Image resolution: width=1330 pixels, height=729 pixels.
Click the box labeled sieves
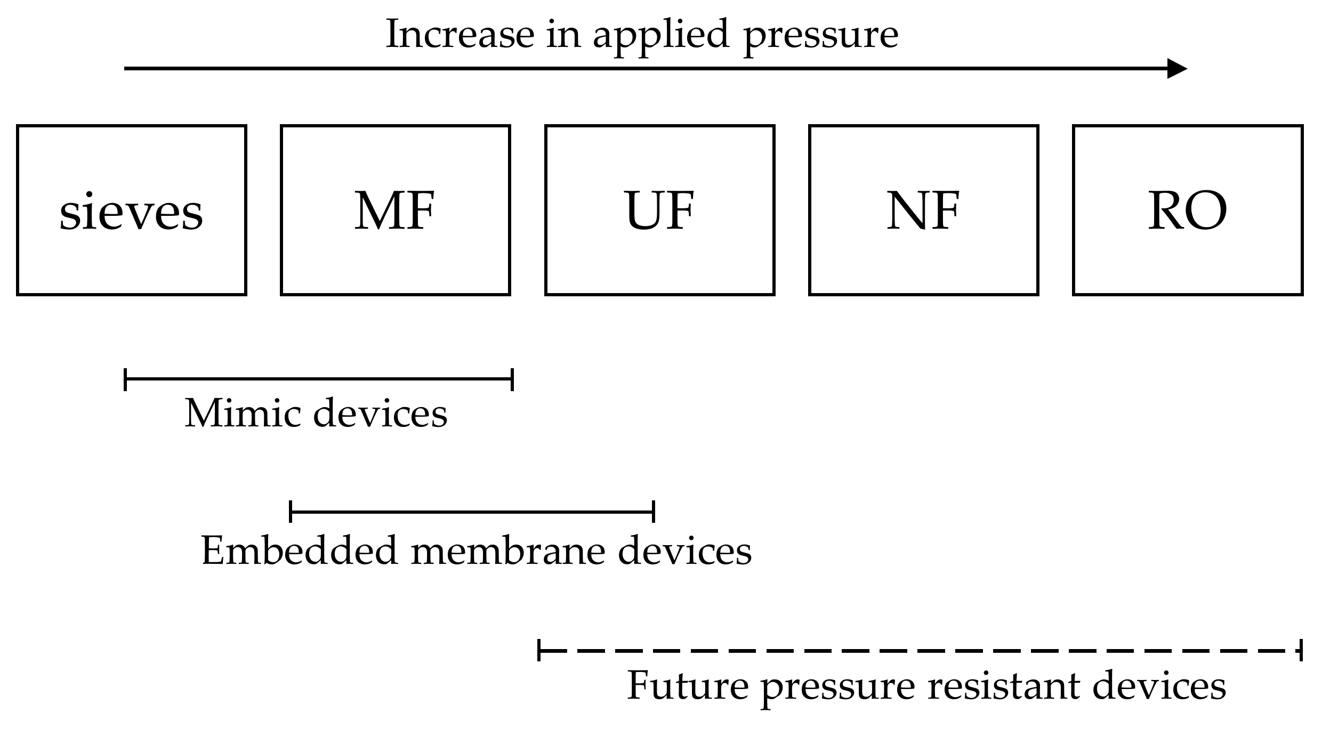131,210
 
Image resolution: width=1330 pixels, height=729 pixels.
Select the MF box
395,210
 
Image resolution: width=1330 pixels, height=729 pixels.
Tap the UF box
659,210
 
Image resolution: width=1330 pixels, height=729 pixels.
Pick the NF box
923,210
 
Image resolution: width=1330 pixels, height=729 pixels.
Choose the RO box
1188,210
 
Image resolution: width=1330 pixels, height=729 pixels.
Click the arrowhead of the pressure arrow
1177,68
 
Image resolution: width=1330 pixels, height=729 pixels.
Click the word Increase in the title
460,34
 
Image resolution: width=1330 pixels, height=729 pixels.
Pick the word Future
688,686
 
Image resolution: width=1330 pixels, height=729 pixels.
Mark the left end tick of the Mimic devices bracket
125,379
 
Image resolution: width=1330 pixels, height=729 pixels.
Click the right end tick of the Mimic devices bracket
512,379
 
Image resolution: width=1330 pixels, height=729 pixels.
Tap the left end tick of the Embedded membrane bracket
291,512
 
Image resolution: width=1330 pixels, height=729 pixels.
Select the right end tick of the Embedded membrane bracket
654,512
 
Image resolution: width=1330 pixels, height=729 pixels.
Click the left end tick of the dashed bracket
539,650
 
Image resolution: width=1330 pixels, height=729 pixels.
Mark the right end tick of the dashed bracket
1301,650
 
